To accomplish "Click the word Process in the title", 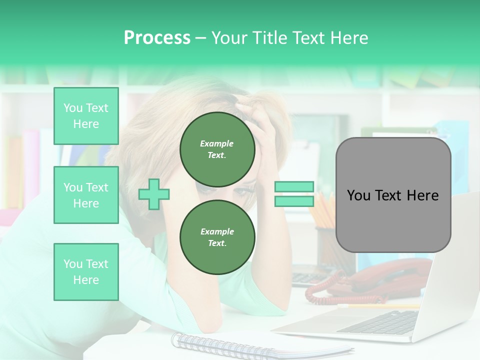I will click(x=157, y=38).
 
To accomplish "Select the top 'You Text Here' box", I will click(x=86, y=116).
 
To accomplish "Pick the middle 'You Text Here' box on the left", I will click(x=86, y=195).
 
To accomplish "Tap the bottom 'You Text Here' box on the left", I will click(x=86, y=271).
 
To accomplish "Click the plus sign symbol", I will click(x=154, y=194).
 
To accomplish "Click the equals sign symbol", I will click(x=294, y=194).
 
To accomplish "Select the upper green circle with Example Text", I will click(x=217, y=149).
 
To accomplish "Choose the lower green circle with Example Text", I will click(x=217, y=237).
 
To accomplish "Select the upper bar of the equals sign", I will click(x=294, y=187).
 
